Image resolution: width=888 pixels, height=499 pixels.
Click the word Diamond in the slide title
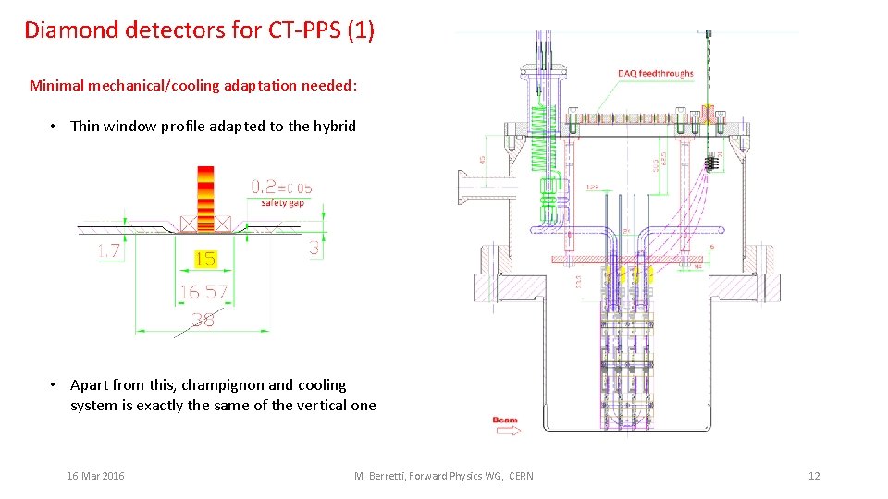(70, 30)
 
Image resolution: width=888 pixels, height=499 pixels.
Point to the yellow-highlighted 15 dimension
(205, 260)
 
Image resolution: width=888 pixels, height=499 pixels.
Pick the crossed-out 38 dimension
(203, 320)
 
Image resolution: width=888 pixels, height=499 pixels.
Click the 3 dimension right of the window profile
(314, 249)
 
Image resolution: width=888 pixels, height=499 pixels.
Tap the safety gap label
(283, 202)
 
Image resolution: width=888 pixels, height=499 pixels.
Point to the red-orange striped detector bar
(205, 197)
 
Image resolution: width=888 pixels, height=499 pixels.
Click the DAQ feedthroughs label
(655, 73)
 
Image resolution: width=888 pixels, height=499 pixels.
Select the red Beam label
(505, 420)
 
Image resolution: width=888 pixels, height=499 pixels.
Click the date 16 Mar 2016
(95, 476)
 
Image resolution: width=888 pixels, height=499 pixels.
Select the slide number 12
(814, 476)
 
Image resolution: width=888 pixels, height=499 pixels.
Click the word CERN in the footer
(521, 476)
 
